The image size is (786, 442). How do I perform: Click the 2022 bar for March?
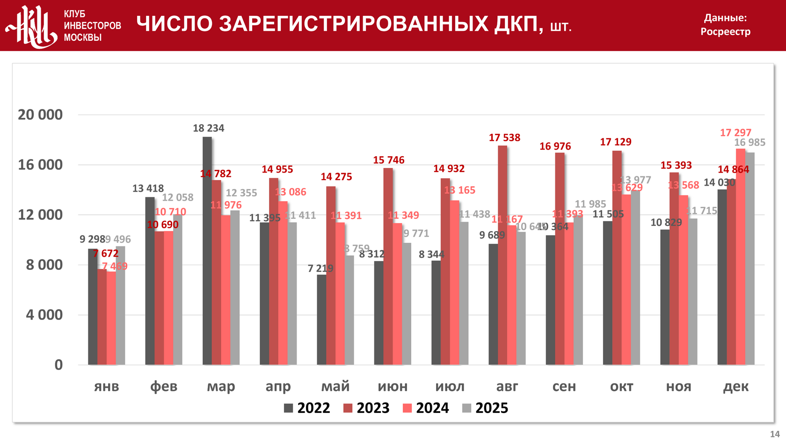tap(207, 251)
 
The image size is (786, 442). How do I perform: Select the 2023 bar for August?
tap(502, 255)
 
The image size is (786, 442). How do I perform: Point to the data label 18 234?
tap(209, 128)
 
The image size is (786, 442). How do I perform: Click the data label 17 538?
tap(504, 138)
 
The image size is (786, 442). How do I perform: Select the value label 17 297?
tap(735, 133)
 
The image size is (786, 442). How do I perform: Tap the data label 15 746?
tap(388, 160)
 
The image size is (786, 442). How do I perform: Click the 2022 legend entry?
tap(307, 408)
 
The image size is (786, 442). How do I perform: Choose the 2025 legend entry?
tap(485, 408)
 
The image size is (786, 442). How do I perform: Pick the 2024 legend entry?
tap(426, 408)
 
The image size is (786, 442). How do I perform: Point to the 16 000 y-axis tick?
tap(40, 165)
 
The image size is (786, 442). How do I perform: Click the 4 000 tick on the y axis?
tap(44, 315)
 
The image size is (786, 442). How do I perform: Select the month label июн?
tap(393, 386)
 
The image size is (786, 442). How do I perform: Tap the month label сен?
tap(564, 386)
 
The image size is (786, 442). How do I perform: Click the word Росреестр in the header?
tap(725, 32)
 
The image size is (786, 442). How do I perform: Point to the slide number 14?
tap(775, 434)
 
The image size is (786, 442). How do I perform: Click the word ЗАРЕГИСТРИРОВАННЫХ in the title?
tap(354, 24)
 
